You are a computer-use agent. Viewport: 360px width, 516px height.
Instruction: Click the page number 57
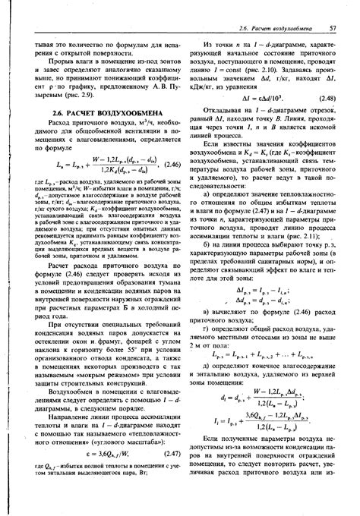333,29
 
